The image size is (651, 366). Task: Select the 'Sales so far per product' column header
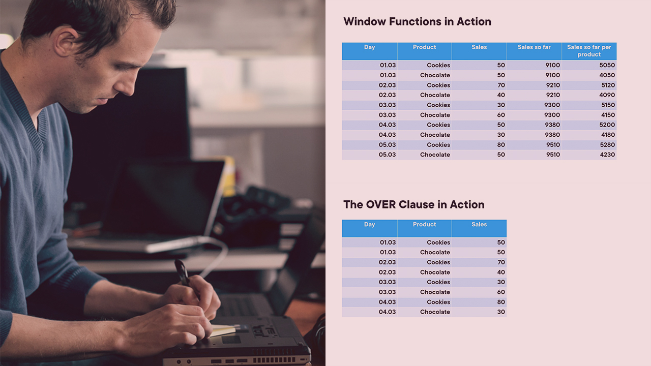coord(589,51)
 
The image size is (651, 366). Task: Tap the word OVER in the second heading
coord(381,204)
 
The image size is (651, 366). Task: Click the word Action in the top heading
coord(474,21)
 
